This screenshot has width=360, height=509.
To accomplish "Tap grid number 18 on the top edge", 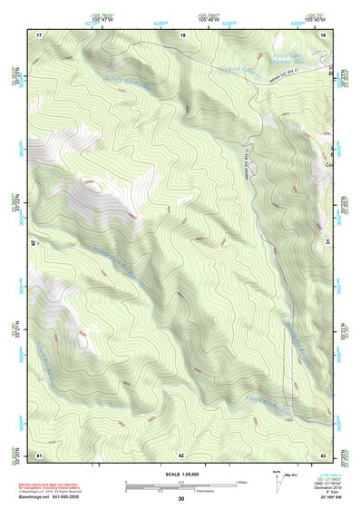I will [182, 34].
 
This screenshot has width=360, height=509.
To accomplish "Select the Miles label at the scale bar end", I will [240, 482].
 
